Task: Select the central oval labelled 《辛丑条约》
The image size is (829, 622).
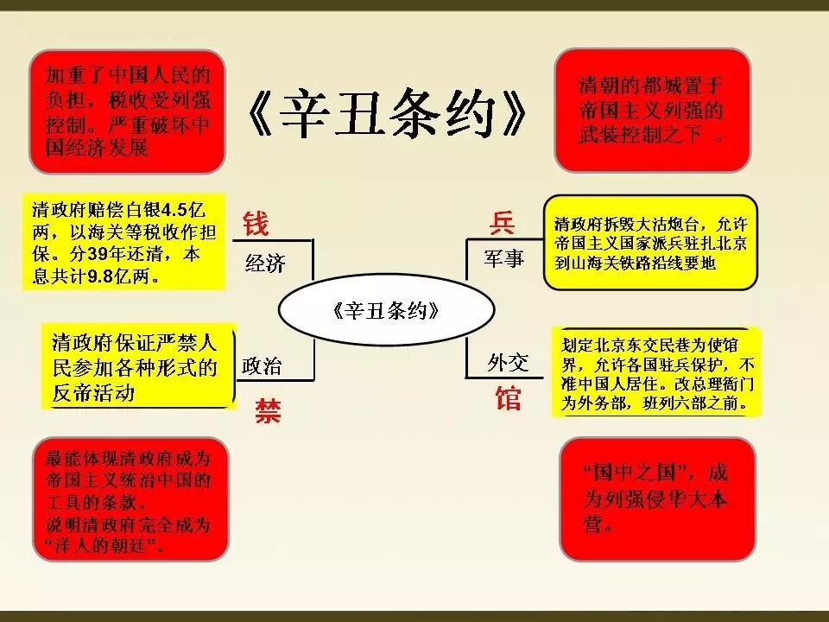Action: (x=385, y=311)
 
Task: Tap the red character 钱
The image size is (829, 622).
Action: (x=256, y=223)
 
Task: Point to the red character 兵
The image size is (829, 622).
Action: (x=503, y=223)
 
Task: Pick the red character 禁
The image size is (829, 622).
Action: (x=267, y=410)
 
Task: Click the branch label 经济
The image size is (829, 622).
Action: (x=265, y=263)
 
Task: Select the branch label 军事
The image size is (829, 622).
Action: (x=503, y=257)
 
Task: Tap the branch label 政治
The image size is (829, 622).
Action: (x=262, y=365)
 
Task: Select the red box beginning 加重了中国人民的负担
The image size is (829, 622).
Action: (x=127, y=111)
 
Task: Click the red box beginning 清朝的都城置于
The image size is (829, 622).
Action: (x=651, y=110)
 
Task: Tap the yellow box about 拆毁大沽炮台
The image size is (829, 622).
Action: (x=650, y=244)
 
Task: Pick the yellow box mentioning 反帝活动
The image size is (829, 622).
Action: (x=138, y=365)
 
